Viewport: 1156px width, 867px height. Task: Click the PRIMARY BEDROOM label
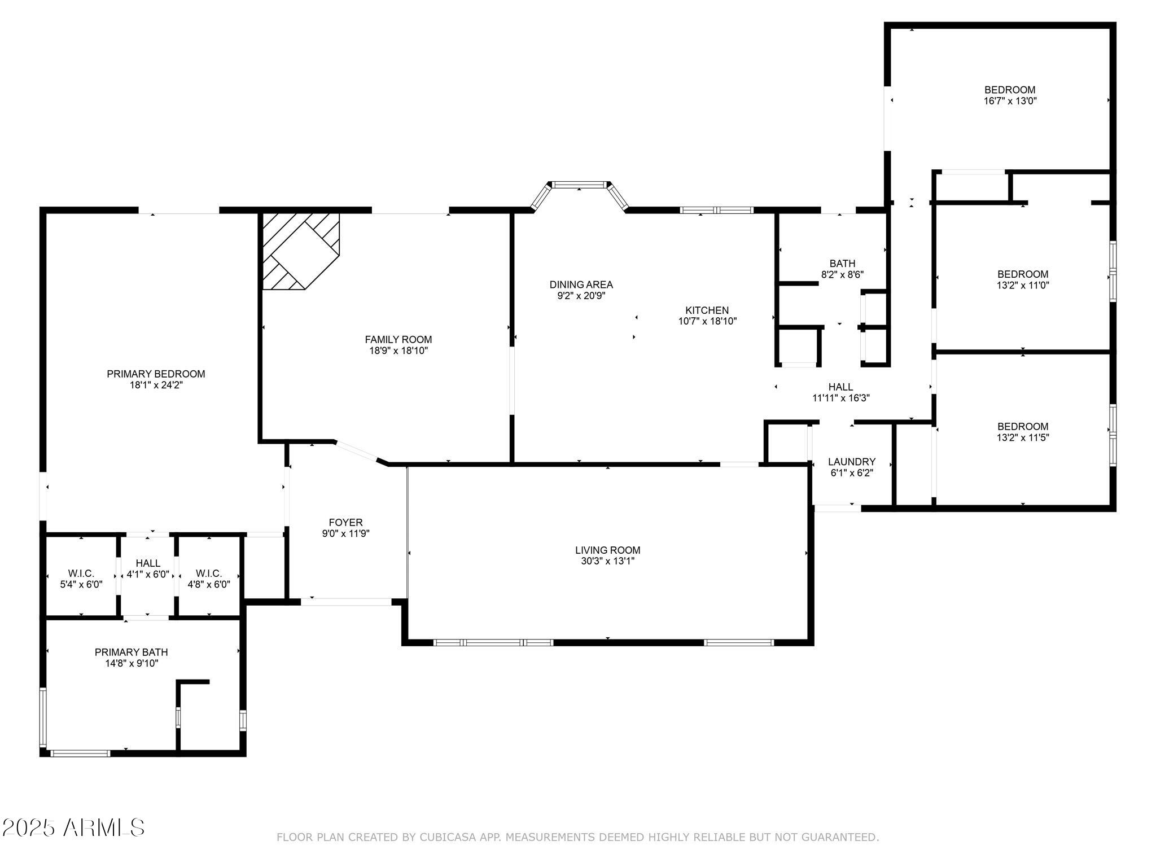[156, 374]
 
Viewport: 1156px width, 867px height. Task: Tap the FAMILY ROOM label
[399, 339]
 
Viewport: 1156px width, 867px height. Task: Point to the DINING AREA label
[581, 284]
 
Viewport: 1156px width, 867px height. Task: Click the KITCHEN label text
[707, 310]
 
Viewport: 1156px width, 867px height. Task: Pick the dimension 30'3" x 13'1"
[608, 561]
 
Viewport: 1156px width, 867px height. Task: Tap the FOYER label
[346, 523]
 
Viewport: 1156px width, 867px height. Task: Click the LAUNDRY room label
[852, 462]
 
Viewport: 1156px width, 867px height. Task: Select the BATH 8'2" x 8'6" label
[842, 269]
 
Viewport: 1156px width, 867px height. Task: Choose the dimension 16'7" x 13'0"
[1010, 101]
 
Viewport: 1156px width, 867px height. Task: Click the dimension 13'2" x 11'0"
[1023, 286]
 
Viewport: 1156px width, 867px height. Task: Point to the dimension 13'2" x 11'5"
[1023, 437]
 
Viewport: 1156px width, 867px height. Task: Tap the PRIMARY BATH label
[132, 653]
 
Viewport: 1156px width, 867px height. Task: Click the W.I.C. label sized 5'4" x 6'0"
[81, 579]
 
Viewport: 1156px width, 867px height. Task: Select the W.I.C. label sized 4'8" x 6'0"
[209, 579]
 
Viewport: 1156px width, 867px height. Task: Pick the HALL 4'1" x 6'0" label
[148, 569]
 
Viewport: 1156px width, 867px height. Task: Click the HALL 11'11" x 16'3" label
[841, 392]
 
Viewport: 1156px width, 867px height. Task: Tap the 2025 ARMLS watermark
[73, 828]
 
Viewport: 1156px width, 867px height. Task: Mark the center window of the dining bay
[580, 185]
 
